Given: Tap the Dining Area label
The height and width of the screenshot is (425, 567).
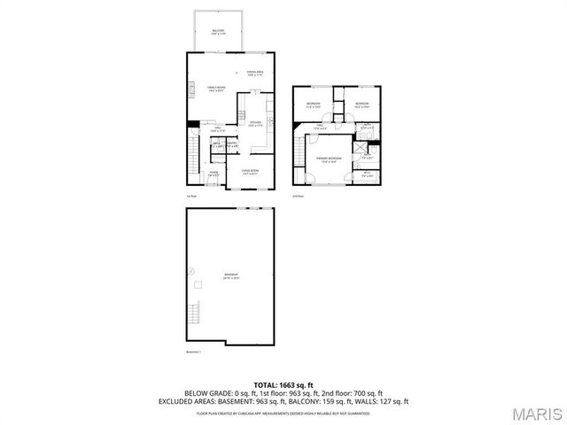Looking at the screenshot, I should click(255, 73).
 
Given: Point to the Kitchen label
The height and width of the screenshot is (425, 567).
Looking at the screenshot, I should click(255, 123).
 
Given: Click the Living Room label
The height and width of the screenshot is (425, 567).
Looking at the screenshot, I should click(251, 173).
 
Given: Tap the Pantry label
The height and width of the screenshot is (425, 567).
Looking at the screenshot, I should click(231, 144).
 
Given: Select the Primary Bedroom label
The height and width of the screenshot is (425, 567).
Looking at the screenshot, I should click(330, 160).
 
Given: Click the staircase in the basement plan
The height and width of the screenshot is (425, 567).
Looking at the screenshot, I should click(192, 313).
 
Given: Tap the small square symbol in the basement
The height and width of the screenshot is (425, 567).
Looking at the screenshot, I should click(199, 284).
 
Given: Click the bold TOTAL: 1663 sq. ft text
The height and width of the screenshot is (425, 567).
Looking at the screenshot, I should click(283, 384).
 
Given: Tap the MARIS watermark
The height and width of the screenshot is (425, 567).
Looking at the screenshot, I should click(537, 413).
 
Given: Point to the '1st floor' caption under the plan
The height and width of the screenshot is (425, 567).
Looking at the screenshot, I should click(190, 196).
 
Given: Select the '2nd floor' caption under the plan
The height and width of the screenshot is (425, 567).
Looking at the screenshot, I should click(298, 196).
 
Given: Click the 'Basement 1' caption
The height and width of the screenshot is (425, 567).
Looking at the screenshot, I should click(194, 352).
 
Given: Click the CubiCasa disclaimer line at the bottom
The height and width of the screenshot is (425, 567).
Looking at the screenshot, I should click(283, 413).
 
